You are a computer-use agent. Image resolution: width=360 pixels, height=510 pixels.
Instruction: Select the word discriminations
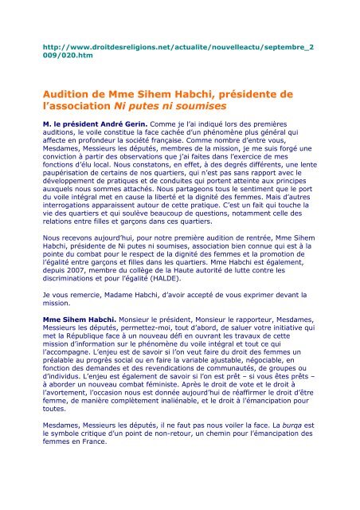82,299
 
